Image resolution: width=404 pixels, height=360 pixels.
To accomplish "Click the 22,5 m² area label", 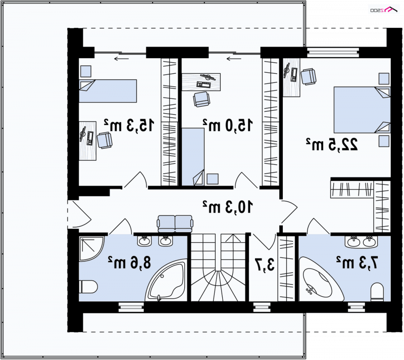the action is coord(332,145).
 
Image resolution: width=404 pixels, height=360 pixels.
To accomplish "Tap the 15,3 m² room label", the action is coord(129,125).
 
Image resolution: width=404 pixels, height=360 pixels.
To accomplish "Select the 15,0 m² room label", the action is coord(228,125).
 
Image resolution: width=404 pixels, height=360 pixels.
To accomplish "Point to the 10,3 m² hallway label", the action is coord(228,207).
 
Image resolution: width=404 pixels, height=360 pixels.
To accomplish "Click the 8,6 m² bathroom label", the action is coord(129,262).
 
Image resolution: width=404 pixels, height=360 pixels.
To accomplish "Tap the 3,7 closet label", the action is coord(265,264).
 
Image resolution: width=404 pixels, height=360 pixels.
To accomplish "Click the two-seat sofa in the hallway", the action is coord(175,224).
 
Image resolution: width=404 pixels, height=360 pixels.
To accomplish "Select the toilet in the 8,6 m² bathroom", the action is coord(88,287).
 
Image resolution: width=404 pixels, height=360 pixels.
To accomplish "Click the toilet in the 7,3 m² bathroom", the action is coord(377,292).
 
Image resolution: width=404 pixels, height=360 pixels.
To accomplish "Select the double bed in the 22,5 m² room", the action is coord(362,110).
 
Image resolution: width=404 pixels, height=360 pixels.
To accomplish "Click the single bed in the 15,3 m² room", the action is coord(108,91).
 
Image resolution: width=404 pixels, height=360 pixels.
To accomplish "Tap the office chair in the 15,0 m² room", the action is coord(201,99).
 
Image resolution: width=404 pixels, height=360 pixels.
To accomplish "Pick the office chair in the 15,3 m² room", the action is coord(105,140).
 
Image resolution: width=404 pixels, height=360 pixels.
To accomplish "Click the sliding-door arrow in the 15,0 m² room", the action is coord(234,59).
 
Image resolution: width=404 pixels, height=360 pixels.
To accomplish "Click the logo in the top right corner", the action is coord(384,10).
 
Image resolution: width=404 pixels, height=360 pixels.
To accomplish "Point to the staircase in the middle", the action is coord(218,267).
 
